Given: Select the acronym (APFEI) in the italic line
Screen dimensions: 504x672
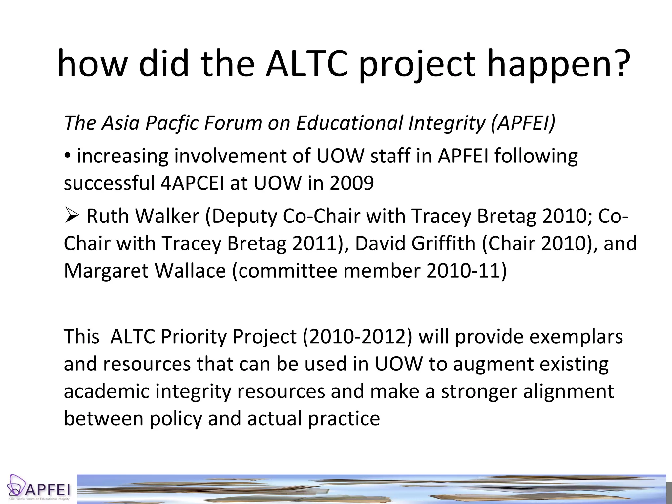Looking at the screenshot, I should [x=523, y=123].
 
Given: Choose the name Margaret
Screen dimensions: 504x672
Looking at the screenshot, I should [x=106, y=271].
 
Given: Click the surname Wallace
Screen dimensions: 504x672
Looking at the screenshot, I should [x=190, y=271].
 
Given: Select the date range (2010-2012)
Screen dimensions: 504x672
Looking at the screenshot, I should [x=357, y=337].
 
